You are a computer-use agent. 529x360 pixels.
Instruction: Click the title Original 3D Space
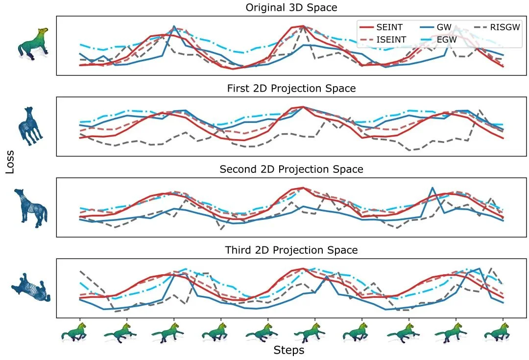coord(291,7)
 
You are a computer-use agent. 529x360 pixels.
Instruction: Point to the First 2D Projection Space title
coord(291,89)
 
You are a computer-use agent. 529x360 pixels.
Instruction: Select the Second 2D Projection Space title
coord(291,169)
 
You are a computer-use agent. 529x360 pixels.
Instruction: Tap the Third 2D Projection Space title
coord(291,250)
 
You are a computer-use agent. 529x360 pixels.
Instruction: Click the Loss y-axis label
coord(10,162)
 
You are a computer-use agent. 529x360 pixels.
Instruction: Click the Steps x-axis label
coord(289,350)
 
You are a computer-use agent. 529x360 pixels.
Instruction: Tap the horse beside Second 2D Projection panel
coord(30,207)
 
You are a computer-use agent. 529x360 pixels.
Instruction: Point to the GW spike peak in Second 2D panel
coord(432,188)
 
